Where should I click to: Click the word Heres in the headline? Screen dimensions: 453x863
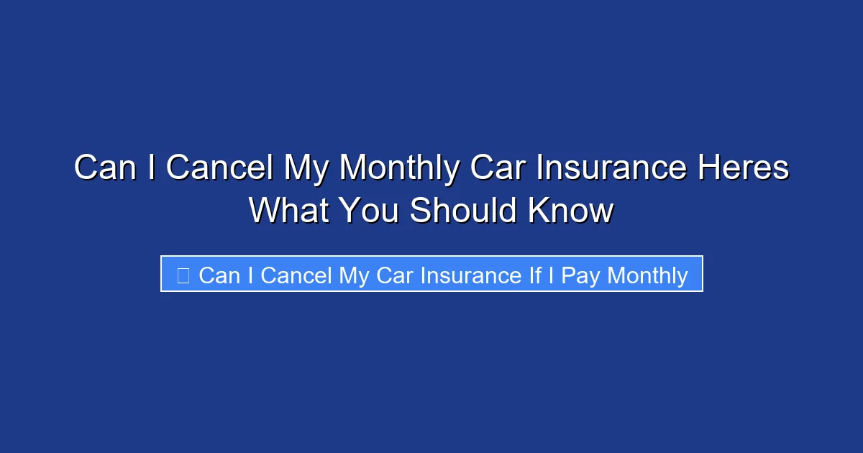tap(744, 168)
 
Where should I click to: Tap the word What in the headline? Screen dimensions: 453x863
tap(290, 211)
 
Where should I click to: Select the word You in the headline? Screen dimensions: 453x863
tap(371, 211)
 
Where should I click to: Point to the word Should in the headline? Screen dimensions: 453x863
tap(464, 211)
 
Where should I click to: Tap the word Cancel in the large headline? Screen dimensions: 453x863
tap(219, 168)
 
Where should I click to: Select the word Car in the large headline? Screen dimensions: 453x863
tap(496, 168)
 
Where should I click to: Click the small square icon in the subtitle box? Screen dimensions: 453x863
tap(183, 275)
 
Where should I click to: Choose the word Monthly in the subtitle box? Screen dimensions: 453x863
tap(647, 275)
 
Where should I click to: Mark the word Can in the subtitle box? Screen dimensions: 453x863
tap(219, 275)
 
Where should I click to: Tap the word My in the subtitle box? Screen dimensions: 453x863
tap(354, 275)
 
